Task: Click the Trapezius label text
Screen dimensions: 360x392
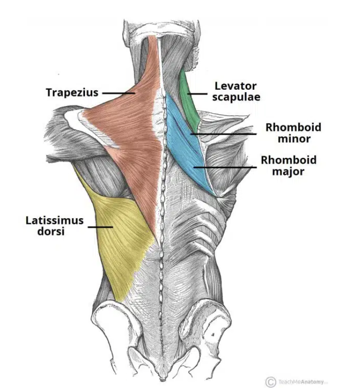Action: click(72, 92)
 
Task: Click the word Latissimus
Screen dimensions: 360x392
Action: click(55, 221)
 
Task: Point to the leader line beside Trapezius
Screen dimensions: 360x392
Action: click(118, 92)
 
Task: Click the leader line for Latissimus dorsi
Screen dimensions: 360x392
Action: click(100, 226)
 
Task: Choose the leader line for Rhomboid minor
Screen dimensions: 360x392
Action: click(222, 133)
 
